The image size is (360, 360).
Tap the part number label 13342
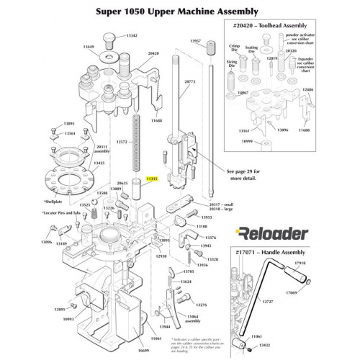pyautogui.click(x=134, y=35)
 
